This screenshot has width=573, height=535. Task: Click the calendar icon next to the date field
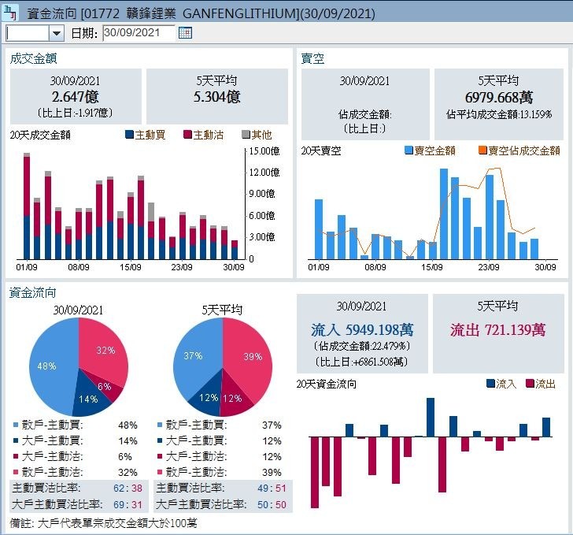pyautogui.click(x=185, y=33)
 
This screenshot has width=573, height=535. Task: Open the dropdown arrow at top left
pyautogui.click(x=56, y=33)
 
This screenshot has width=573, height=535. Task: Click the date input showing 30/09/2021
pyautogui.click(x=138, y=33)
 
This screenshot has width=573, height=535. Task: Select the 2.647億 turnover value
pyautogui.click(x=75, y=97)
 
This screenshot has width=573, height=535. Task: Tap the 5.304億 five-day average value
pyautogui.click(x=216, y=97)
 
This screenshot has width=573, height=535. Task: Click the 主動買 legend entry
pyautogui.click(x=145, y=135)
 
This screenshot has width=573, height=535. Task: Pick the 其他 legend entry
pyautogui.click(x=257, y=135)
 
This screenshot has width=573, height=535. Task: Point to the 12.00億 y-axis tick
pyautogui.click(x=264, y=172)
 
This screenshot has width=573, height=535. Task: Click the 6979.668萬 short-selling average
pyautogui.click(x=499, y=97)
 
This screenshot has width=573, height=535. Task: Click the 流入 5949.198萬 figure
pyautogui.click(x=362, y=329)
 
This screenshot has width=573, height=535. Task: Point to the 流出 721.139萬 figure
pyautogui.click(x=498, y=329)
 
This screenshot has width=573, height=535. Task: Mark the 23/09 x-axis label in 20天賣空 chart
pyautogui.click(x=489, y=267)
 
